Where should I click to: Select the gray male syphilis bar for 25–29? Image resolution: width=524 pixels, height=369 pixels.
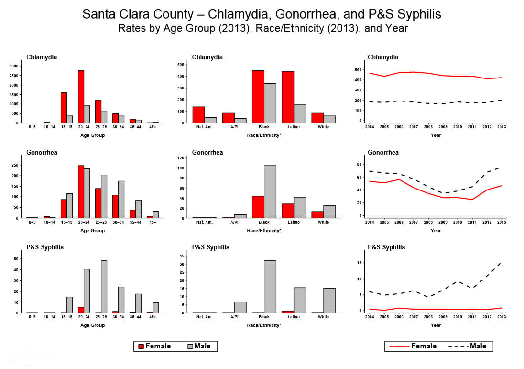[x=104, y=287]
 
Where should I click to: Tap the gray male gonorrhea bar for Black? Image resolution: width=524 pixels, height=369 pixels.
[x=270, y=191]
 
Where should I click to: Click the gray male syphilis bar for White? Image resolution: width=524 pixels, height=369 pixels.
[x=329, y=301]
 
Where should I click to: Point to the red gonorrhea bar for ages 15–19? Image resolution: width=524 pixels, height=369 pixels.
[x=64, y=209]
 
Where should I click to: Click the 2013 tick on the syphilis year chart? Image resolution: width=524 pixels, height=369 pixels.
[x=502, y=317]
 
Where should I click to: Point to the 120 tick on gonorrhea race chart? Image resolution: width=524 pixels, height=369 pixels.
[x=182, y=158]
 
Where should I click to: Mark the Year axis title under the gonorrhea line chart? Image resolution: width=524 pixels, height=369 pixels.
[x=436, y=231]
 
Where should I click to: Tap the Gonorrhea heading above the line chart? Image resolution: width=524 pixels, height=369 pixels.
[x=383, y=153]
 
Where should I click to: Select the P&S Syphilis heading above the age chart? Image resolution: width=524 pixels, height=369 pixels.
[x=45, y=247]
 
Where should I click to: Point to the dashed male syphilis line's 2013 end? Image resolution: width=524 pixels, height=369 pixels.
[x=501, y=263]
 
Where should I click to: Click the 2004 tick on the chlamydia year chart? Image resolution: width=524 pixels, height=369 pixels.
[x=370, y=127]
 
